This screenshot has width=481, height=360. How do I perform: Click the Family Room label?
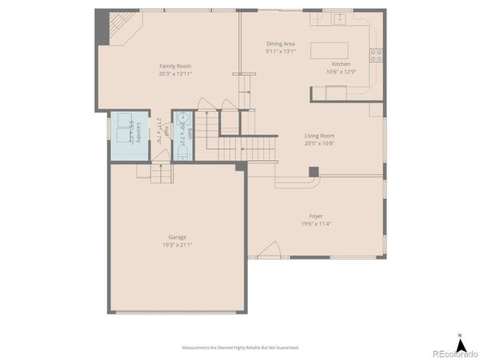tap(175, 66)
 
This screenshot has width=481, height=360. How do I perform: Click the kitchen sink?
tap(339, 17)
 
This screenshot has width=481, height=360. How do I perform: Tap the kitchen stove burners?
tap(377, 55)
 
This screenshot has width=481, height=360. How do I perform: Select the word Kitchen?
tap(341, 64)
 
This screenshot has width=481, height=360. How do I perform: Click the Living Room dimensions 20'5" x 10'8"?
tap(319, 143)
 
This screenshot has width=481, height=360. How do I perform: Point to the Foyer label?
tap(316, 216)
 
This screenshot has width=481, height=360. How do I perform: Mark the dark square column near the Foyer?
tap(314, 172)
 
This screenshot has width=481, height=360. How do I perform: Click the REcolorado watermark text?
tap(455, 353)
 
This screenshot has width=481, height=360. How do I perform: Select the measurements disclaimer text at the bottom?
tap(240, 347)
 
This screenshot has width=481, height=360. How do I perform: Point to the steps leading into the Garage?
tap(162, 171)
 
